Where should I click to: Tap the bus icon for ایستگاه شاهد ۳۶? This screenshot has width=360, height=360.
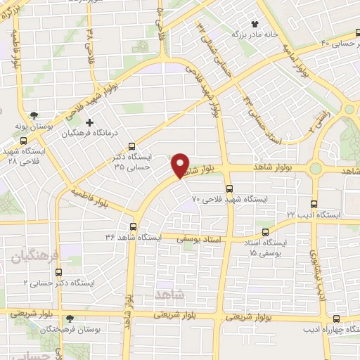(x=134, y=226)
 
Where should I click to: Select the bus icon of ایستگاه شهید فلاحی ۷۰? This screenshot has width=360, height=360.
(x=229, y=188)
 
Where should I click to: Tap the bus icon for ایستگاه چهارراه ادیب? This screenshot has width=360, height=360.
(x=335, y=318)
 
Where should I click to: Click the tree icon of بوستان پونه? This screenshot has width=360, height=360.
(x=33, y=115)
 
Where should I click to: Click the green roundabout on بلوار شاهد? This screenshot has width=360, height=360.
(x=315, y=169)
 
